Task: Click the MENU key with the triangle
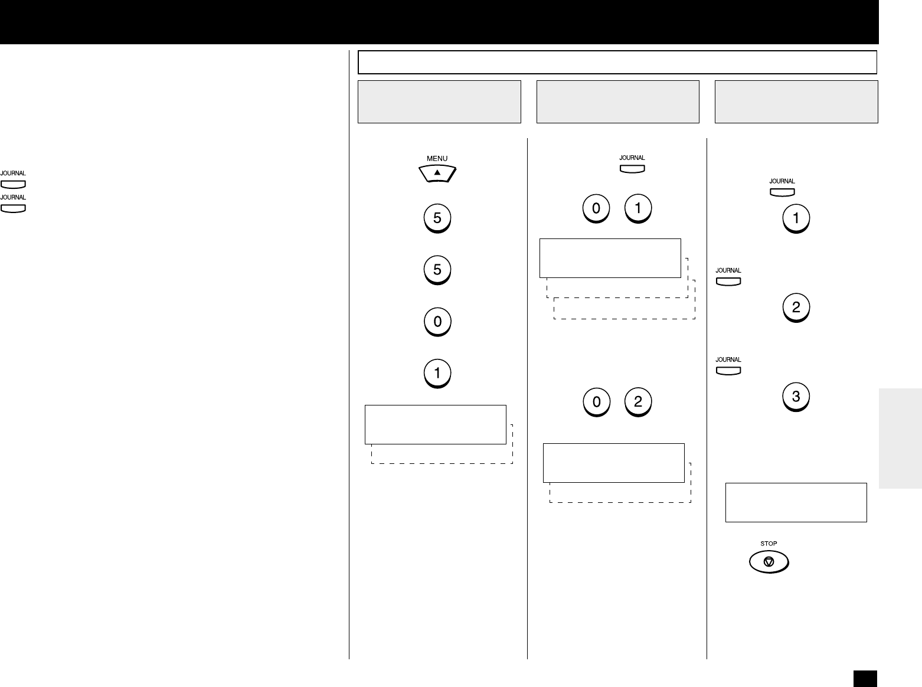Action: [x=437, y=173]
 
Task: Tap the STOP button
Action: [x=769, y=561]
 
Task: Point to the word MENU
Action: [x=437, y=158]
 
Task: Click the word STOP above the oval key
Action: [x=769, y=544]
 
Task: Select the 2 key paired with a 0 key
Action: [x=637, y=402]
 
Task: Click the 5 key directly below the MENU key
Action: [x=437, y=218]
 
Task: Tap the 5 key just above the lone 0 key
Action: [x=437, y=270]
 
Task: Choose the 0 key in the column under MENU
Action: [x=437, y=322]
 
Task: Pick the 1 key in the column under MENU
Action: [x=437, y=373]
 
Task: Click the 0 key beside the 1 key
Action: [x=596, y=208]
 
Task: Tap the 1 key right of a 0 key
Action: [x=637, y=208]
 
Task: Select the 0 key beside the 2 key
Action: [x=596, y=402]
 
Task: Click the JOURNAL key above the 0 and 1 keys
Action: [x=632, y=169]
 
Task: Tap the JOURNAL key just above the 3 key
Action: [x=728, y=371]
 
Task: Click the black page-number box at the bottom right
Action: [x=864, y=678]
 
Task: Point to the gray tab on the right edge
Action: [x=900, y=438]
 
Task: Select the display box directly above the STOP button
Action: [x=796, y=502]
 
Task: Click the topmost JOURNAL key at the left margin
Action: [x=13, y=184]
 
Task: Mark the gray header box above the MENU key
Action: [x=439, y=102]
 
